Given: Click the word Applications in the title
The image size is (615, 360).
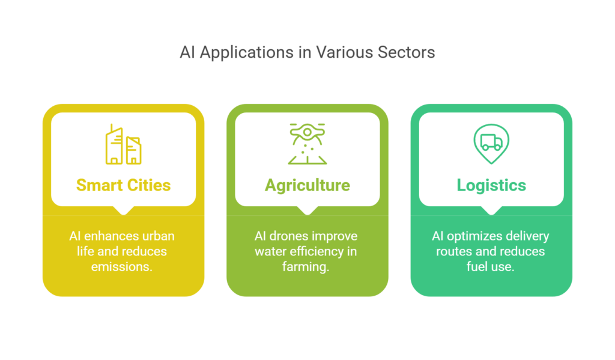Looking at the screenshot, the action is click(247, 53).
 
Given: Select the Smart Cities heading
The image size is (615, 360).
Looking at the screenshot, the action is click(124, 185).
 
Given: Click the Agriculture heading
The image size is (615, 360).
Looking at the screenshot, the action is click(307, 186).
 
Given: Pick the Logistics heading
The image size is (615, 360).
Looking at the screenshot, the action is click(491, 186).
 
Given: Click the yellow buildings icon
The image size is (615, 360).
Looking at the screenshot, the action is click(124, 144).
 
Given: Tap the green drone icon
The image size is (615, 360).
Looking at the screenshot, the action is click(307, 144).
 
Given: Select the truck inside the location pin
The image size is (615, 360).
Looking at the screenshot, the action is click(491, 142).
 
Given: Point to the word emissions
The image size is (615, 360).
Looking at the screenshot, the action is click(121, 267).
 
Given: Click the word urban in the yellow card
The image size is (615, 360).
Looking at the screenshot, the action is click(159, 236).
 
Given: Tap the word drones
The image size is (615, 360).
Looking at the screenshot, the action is click(288, 236).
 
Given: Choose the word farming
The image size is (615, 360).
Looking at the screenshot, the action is click(306, 267).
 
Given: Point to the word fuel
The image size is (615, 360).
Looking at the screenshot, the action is click(476, 267).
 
